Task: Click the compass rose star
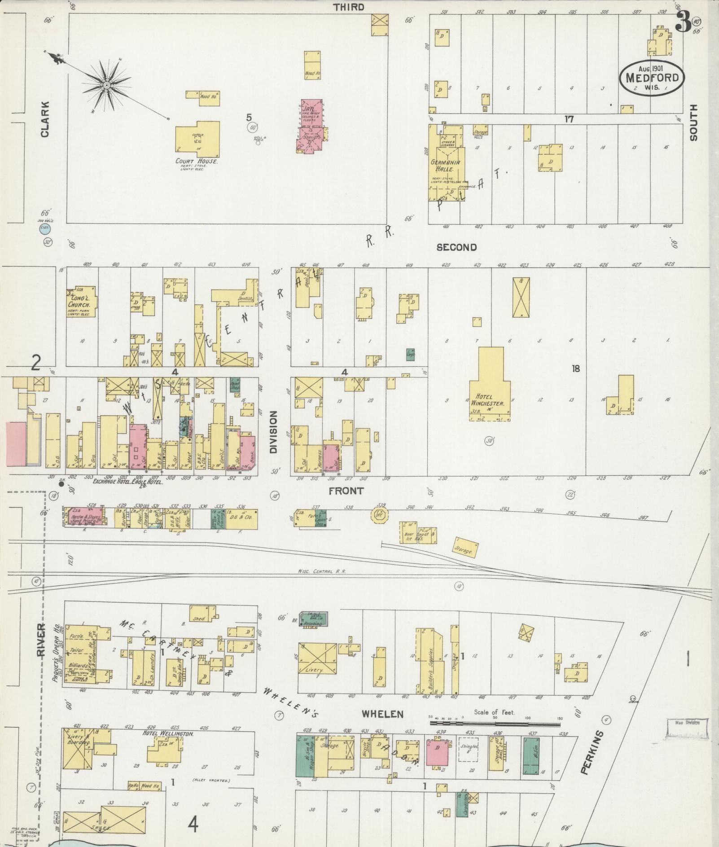106,85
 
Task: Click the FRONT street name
346,491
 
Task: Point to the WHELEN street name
382,714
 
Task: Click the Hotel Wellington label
168,733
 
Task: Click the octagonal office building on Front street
380,515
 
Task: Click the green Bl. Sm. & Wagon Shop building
306,756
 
